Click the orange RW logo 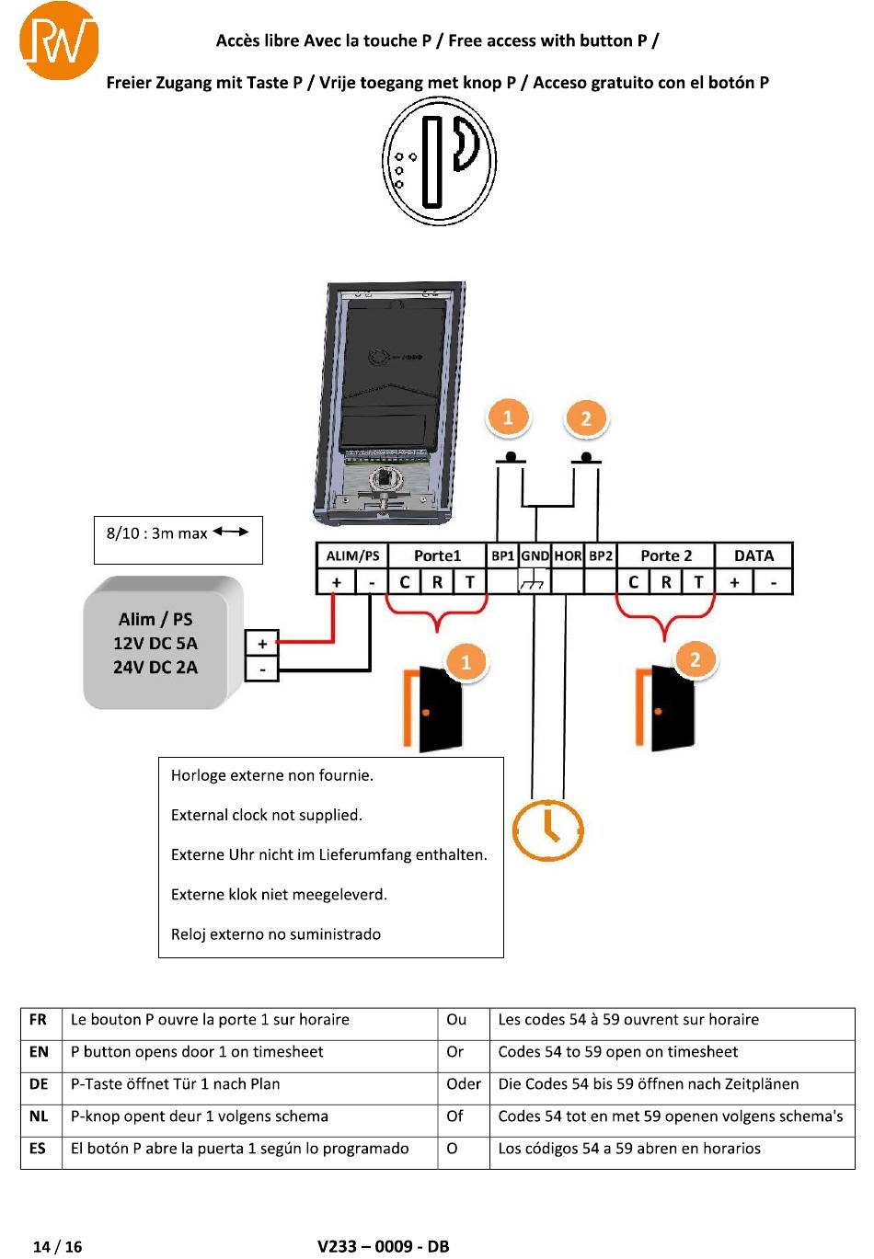59,40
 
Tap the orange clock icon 547,830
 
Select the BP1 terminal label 503,555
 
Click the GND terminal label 535,555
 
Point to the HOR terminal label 568,555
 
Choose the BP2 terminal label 601,555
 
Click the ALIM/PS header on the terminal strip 352,555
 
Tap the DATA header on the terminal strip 753,555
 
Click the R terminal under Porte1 437,582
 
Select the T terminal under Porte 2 698,582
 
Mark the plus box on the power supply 262,643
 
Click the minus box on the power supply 262,669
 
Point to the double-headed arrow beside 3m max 231,532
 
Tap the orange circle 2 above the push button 586,418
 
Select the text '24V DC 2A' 155,667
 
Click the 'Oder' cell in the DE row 464,1083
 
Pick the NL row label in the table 39,1116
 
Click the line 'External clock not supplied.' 267,815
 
